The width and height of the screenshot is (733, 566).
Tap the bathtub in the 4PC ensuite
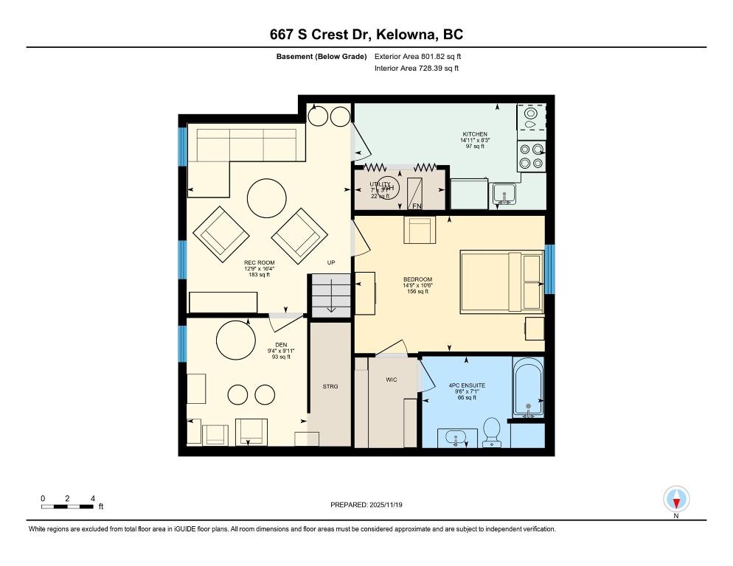pos(527,388)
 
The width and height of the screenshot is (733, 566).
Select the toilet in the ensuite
pos(492,430)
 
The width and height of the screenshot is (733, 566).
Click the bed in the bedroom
pos(501,282)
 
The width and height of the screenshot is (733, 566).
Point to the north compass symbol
pos(675,500)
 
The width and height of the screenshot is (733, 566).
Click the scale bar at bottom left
pos(68,506)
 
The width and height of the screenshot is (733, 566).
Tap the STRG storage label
pos(330,386)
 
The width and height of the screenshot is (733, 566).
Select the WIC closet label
pos(392,380)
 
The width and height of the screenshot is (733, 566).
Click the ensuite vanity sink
pos(457,439)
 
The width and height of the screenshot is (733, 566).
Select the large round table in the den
pos(235,340)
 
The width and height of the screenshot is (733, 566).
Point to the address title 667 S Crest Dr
pos(366,35)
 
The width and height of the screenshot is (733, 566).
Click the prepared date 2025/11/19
pos(366,505)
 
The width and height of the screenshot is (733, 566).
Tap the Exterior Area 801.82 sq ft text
pos(417,56)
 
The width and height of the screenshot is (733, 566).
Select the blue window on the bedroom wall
pos(549,269)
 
